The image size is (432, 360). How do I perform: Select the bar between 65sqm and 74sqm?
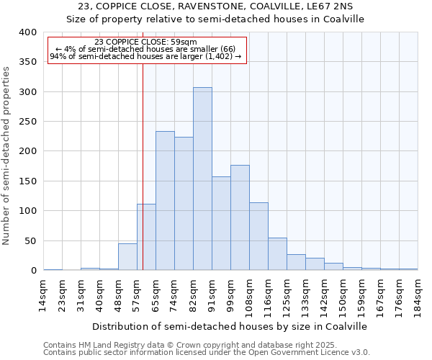[x=165, y=201]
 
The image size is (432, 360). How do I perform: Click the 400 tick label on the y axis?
[x=27, y=32]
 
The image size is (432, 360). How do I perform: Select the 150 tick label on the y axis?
[x=27, y=181]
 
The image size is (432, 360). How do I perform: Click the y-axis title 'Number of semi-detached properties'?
[x=6, y=156]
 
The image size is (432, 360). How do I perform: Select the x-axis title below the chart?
[x=230, y=326]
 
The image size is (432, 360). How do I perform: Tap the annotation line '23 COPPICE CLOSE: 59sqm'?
[x=146, y=42]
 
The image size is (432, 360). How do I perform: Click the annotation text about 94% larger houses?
[x=146, y=56]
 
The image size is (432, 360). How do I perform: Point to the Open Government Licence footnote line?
[x=207, y=352]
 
